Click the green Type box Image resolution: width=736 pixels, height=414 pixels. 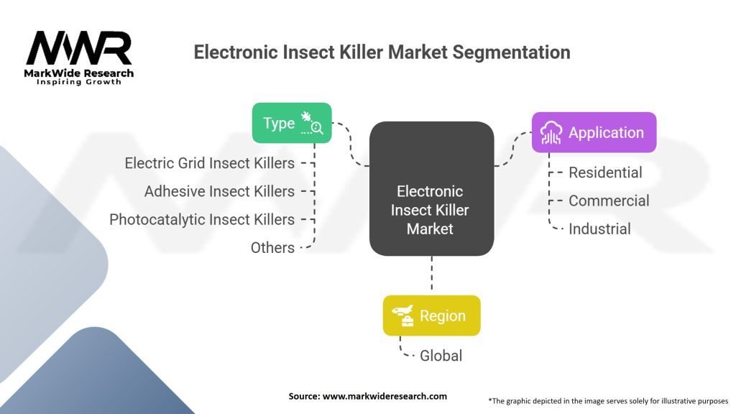tap(292, 123)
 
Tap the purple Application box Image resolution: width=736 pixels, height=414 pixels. tap(594, 132)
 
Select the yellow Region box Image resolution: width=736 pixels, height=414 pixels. tap(431, 316)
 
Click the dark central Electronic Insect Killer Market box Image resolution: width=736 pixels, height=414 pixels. tap(431, 188)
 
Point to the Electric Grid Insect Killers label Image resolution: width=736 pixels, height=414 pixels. tap(209, 163)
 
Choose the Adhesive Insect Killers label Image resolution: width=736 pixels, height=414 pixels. tap(219, 191)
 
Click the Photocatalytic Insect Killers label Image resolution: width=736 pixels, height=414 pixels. tap(202, 219)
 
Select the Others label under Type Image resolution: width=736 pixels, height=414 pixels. tap(272, 247)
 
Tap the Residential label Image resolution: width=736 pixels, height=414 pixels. tap(605, 172)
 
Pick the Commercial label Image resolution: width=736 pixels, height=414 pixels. tap(609, 201)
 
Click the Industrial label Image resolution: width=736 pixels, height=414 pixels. tap(599, 229)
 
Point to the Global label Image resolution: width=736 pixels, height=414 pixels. tap(441, 355)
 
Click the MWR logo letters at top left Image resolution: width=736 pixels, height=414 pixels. tap(78, 49)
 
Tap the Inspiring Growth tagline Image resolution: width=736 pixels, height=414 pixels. tap(79, 82)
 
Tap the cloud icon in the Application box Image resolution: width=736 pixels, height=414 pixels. tap(552, 132)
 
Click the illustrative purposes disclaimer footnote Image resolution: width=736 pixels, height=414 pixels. tap(608, 400)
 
